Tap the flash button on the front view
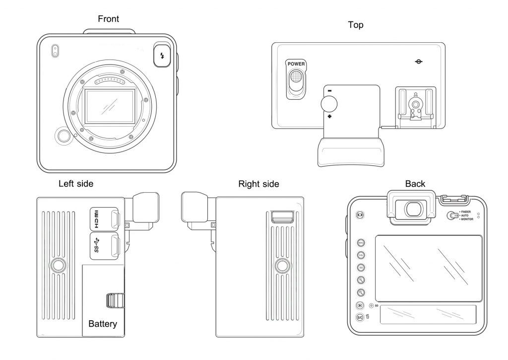click(161, 55)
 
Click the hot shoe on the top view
click(414, 104)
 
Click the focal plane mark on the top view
click(419, 62)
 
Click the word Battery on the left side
click(103, 324)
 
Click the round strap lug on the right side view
click(282, 266)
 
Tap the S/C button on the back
click(360, 317)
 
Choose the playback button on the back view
click(360, 305)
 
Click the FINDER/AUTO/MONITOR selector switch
click(452, 216)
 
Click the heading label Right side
click(258, 184)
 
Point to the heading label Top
click(355, 25)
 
